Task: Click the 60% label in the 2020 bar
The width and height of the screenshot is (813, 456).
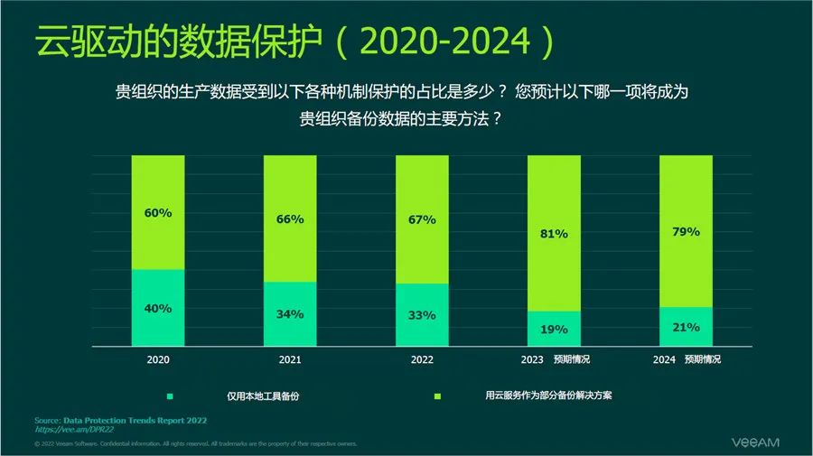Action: (158, 213)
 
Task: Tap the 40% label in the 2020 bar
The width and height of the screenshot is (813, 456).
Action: (158, 308)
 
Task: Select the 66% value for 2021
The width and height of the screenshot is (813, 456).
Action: (290, 219)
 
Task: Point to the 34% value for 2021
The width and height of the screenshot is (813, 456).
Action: (290, 314)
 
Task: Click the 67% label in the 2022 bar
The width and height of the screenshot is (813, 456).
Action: (422, 219)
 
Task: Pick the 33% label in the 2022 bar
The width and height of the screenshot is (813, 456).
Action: (422, 315)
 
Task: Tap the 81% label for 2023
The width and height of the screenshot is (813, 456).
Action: (554, 234)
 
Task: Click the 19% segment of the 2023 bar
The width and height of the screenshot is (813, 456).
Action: (554, 330)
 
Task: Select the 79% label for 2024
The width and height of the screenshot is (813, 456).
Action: (686, 232)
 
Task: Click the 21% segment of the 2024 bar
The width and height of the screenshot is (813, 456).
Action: (686, 327)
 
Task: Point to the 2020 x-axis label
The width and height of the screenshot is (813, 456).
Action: (158, 359)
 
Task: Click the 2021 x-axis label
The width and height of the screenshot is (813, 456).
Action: (290, 359)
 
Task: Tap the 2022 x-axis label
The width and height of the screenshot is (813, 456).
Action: (422, 359)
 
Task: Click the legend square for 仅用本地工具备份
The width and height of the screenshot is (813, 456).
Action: (169, 396)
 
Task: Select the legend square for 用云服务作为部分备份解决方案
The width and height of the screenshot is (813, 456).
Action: (437, 396)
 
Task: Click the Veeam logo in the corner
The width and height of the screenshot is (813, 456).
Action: (753, 442)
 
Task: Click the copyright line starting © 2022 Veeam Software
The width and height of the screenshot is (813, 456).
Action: (195, 444)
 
